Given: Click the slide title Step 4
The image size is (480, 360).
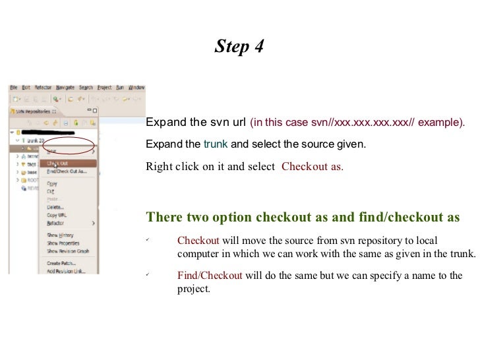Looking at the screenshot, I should point(239,47).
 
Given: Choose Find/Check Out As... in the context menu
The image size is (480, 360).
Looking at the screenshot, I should point(66,171).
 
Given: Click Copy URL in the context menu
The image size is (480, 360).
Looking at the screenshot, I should point(56,215).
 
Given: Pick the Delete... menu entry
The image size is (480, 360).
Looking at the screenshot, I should point(55,207).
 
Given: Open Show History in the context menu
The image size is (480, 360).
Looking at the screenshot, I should point(60,235).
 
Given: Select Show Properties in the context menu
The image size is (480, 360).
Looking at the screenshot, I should point(64,243).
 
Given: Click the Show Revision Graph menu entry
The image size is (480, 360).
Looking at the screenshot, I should point(67,251).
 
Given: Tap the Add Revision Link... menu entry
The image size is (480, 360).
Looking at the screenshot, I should point(66,271).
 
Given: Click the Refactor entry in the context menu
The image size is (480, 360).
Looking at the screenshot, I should point(55,223).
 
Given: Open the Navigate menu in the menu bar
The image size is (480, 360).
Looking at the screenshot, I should point(65,87).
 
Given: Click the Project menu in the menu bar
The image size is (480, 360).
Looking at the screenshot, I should point(104,87).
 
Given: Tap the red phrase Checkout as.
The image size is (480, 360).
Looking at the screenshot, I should point(312,166).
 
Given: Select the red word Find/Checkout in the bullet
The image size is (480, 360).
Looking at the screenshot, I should point(210,276).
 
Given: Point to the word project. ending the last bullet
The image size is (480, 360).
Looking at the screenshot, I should point(193,288).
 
